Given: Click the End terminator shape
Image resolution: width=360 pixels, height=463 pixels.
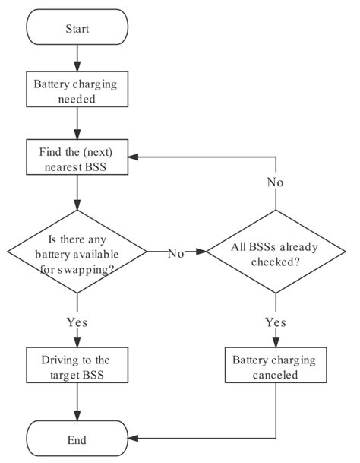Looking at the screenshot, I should click(x=77, y=439).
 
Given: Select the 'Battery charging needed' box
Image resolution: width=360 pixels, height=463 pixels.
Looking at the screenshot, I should click(x=77, y=90).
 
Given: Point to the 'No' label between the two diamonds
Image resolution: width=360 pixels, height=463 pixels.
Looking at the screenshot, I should click(x=175, y=253).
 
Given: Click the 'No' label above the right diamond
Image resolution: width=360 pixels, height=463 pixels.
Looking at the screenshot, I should click(x=275, y=182).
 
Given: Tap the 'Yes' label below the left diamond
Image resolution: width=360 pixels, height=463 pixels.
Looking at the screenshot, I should click(x=77, y=322).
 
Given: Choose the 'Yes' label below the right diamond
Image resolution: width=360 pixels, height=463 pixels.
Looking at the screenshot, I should click(x=275, y=322).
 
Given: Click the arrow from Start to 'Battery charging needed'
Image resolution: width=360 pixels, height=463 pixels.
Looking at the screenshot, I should click(x=77, y=58).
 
